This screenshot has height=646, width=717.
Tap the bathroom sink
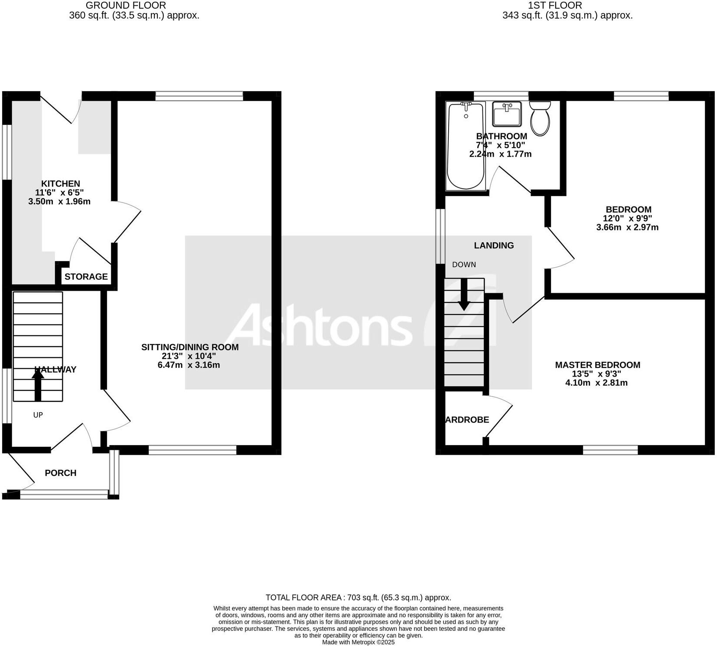(506, 114)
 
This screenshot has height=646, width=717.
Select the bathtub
(466, 146)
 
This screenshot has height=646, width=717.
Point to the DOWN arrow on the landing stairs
(464, 295)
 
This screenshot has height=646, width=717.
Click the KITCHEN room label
(60, 184)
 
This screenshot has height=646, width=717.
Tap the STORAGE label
(86, 276)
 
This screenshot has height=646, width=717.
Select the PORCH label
(60, 473)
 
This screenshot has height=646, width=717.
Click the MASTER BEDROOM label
(597, 365)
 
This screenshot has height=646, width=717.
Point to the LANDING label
(493, 246)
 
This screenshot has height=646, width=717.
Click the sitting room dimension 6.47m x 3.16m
(189, 365)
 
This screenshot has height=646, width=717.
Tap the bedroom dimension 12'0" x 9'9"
(628, 218)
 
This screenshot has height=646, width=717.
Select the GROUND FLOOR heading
(126, 6)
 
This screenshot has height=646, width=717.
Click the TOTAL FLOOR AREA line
(358, 597)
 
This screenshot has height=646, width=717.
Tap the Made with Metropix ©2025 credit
(358, 642)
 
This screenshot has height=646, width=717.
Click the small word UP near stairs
(38, 415)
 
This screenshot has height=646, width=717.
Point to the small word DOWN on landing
(464, 265)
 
